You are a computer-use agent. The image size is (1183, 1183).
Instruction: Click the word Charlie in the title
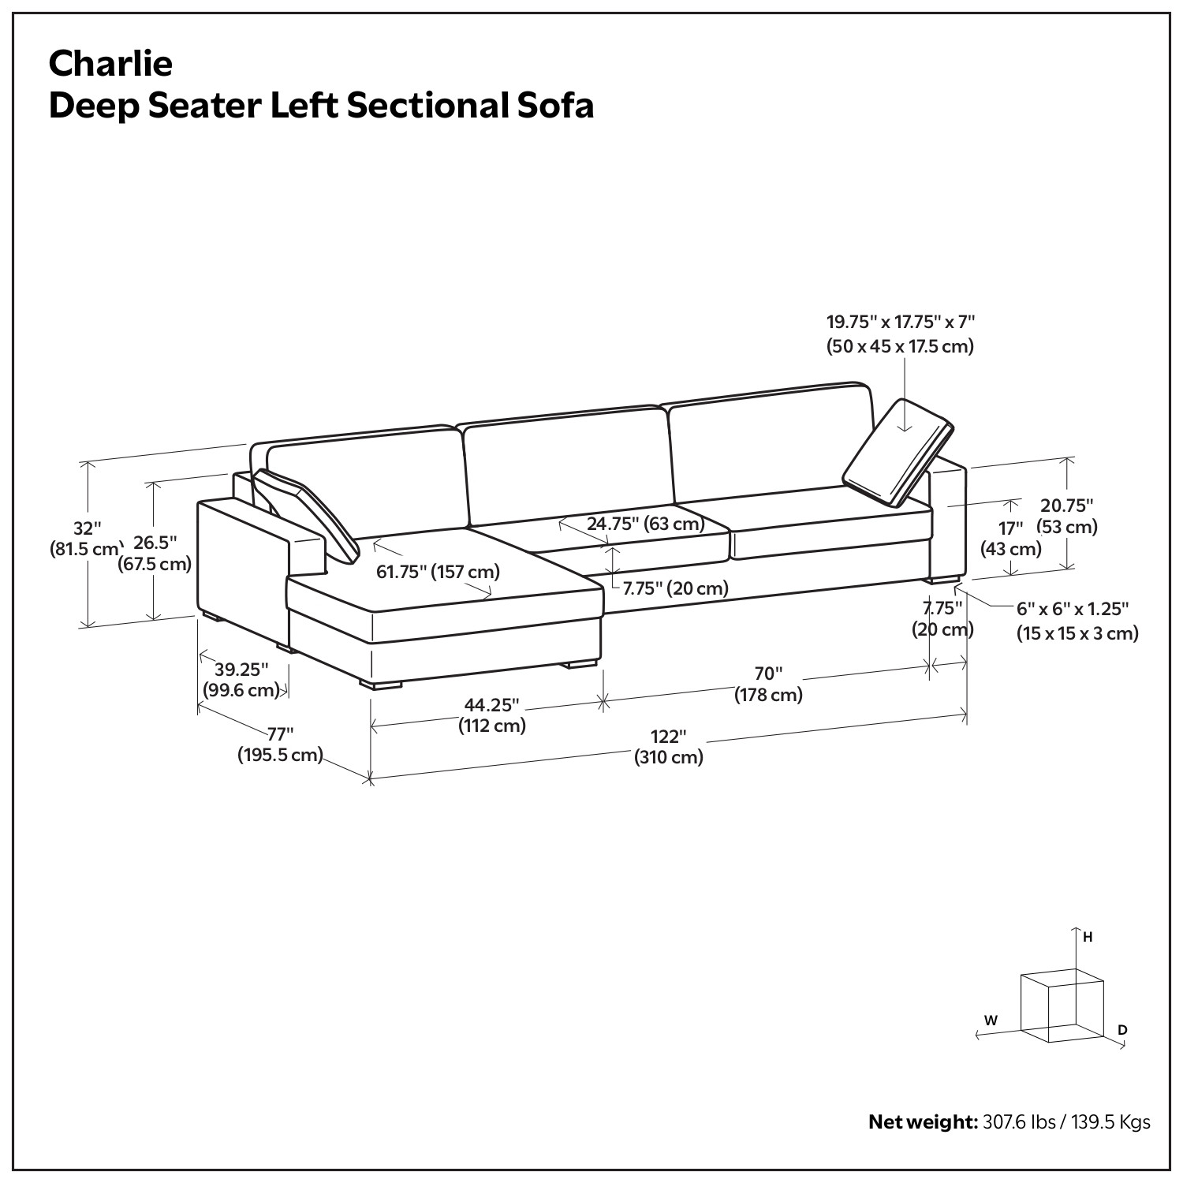pyautogui.click(x=110, y=63)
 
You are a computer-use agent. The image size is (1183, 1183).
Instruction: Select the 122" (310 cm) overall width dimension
pyautogui.click(x=669, y=747)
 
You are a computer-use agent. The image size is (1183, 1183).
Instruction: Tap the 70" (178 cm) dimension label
pyautogui.click(x=768, y=685)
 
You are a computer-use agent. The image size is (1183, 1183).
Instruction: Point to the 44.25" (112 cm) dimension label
pyautogui.click(x=492, y=715)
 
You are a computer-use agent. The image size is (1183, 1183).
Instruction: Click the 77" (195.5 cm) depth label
pyautogui.click(x=281, y=745)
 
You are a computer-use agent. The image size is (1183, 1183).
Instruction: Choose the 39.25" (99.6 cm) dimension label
pyautogui.click(x=242, y=680)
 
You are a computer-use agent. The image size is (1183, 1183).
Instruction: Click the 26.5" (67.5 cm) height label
pyautogui.click(x=155, y=553)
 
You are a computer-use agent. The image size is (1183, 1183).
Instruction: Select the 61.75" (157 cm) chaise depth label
pyautogui.click(x=438, y=571)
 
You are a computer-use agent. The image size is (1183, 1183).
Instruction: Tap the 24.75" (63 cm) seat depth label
pyautogui.click(x=645, y=523)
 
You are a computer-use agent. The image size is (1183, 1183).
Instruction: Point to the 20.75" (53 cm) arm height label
pyautogui.click(x=1067, y=516)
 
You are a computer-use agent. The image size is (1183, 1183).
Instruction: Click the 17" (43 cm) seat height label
pyautogui.click(x=1010, y=538)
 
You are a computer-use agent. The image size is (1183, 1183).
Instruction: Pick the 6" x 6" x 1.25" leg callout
pyautogui.click(x=1077, y=621)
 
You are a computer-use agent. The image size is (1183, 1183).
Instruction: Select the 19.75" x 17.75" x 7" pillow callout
pyautogui.click(x=901, y=334)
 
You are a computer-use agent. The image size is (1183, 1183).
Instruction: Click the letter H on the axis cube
pyautogui.click(x=1088, y=938)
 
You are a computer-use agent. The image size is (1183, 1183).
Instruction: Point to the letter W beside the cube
pyautogui.click(x=991, y=1021)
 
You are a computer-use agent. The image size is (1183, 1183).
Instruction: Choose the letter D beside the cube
pyautogui.click(x=1122, y=1030)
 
